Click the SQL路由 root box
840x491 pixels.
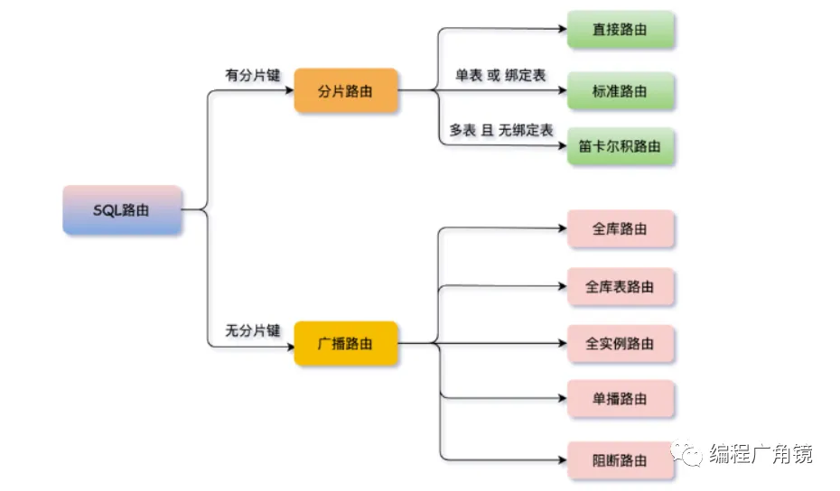(x=122, y=210)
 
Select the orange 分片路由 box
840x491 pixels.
(x=346, y=91)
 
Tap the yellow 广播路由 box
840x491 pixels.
(x=346, y=344)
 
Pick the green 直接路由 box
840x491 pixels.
(x=621, y=30)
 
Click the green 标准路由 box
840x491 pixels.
(x=621, y=91)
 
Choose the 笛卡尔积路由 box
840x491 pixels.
(x=621, y=146)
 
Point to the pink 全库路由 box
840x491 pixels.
(x=621, y=229)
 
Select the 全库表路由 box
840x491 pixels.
(x=621, y=287)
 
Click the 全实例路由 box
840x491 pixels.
(x=621, y=344)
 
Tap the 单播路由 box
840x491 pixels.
(x=621, y=399)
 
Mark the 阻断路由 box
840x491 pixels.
(x=621, y=460)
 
